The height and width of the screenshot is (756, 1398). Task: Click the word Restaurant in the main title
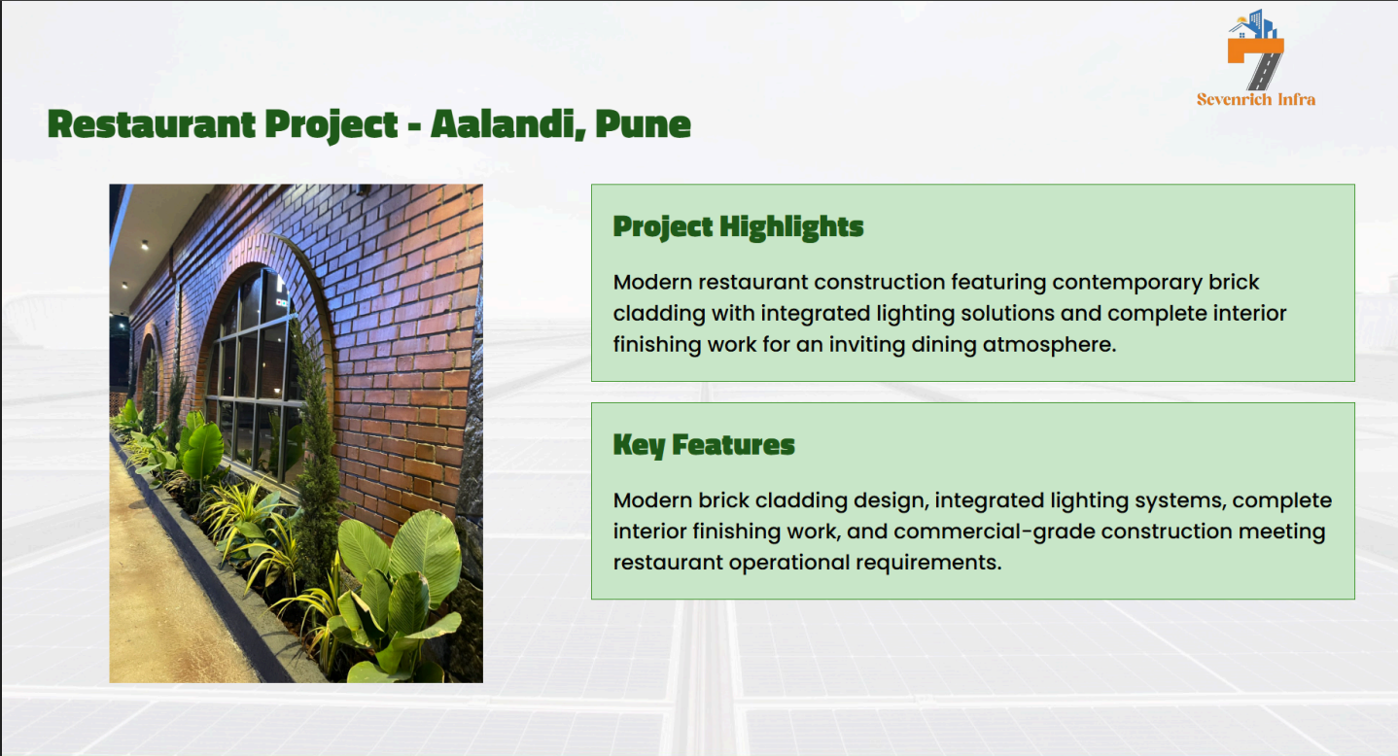coord(152,123)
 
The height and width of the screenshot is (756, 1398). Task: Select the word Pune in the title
coord(643,123)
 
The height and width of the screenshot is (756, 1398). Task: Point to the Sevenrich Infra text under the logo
coord(1256,100)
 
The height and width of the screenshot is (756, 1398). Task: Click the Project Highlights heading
coord(738,227)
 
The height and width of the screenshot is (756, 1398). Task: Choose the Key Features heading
coord(704,445)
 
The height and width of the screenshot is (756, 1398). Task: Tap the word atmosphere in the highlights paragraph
coord(1049,344)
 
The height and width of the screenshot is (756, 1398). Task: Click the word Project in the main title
coord(332,124)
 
